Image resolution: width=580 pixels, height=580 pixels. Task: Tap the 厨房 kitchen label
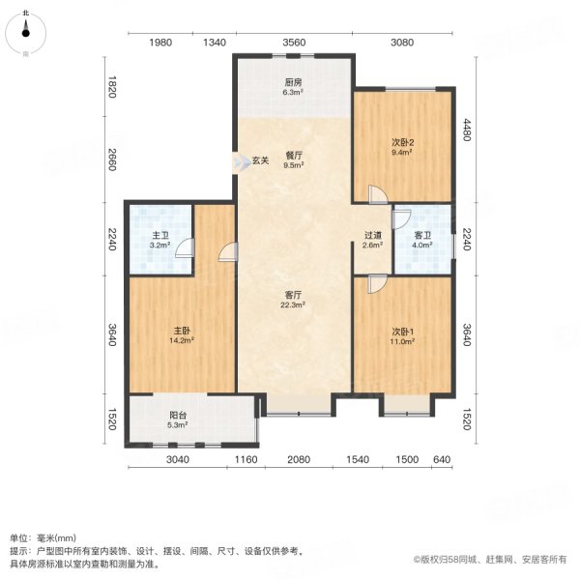[x=293, y=83]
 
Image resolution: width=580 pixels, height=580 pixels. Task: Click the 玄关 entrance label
[x=260, y=160]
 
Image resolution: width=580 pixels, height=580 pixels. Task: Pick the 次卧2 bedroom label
[x=403, y=140]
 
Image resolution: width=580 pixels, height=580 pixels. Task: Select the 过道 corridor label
[x=372, y=234]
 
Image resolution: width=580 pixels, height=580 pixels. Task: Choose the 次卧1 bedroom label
[x=403, y=330]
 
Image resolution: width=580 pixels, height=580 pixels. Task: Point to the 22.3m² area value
[x=293, y=304]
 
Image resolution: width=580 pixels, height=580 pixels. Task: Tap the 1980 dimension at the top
[x=160, y=43]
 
